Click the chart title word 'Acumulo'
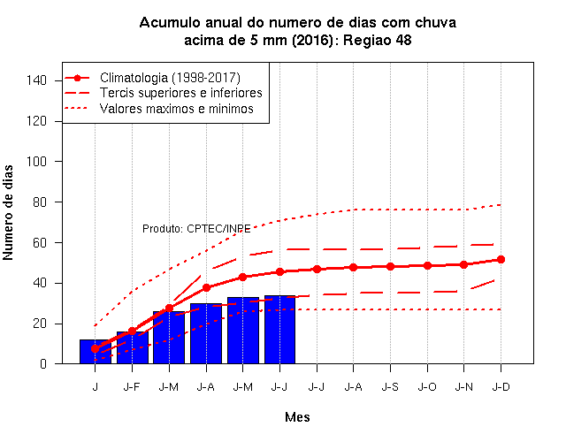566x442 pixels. [170, 23]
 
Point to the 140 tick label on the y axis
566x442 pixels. [36, 80]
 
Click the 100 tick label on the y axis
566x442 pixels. [36, 161]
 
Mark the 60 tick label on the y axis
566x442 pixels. [40, 242]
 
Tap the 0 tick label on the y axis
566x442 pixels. [43, 364]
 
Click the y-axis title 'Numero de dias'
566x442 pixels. [8, 212]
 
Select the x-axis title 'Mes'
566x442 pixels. [297, 417]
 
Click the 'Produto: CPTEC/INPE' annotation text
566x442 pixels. [196, 229]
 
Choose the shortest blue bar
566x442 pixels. [96, 352]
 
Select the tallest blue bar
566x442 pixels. [279, 330]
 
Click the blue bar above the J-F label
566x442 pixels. [132, 347]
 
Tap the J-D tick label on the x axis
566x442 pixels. [501, 387]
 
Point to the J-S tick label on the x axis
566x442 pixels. [390, 387]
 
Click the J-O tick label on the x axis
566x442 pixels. [427, 387]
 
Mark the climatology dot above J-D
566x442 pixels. [501, 259]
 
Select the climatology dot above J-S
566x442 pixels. [390, 267]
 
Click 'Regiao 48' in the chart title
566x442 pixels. [378, 40]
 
